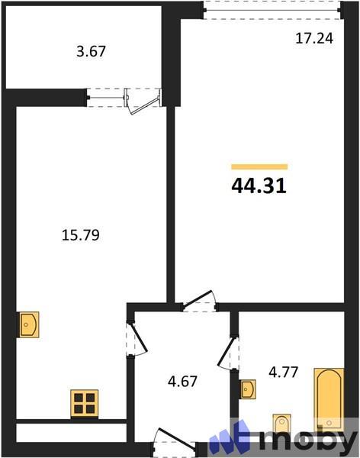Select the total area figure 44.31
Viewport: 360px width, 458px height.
pyautogui.click(x=259, y=185)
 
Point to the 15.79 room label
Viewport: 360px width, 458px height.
pyautogui.click(x=81, y=236)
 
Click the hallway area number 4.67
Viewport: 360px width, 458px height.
pyautogui.click(x=183, y=380)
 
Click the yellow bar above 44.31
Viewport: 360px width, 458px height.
pyautogui.click(x=259, y=166)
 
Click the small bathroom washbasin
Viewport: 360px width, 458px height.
pyautogui.click(x=247, y=389)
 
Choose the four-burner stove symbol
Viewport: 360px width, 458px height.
pyautogui.click(x=84, y=402)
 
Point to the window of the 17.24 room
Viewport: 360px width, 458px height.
pyautogui.click(x=272, y=9)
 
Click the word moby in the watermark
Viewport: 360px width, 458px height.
pyautogui.click(x=308, y=440)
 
